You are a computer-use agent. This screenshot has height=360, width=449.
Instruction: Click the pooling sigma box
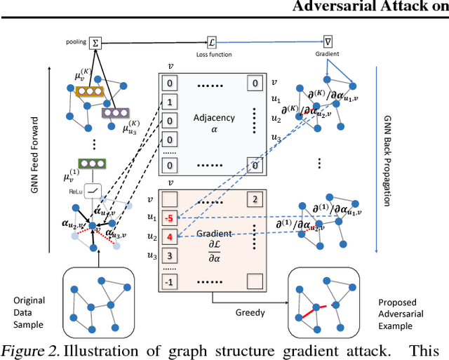tap(95, 42)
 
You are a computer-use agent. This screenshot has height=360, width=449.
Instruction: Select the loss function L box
tap(213, 42)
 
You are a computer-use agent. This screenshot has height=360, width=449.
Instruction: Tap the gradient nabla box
tap(328, 42)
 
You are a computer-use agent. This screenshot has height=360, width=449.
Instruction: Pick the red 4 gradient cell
tap(169, 236)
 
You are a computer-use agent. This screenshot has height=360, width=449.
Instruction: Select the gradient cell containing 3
tap(169, 255)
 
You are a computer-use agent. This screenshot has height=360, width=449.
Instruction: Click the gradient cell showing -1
tap(169, 282)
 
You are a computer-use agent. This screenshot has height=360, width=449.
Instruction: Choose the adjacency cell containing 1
tap(169, 102)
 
